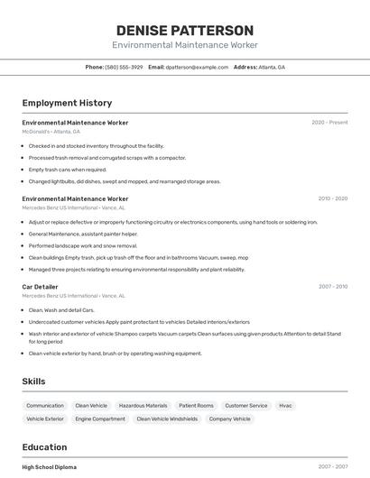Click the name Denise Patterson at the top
click(x=184, y=30)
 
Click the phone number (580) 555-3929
click(x=124, y=67)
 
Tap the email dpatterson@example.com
click(x=197, y=67)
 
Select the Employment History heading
click(x=67, y=103)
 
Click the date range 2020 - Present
click(x=329, y=123)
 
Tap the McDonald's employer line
click(x=51, y=132)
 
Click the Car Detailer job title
click(x=42, y=287)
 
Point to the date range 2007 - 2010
click(x=332, y=287)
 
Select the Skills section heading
click(x=34, y=381)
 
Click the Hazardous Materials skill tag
click(x=143, y=406)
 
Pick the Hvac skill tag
click(x=285, y=406)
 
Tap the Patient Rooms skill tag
click(x=196, y=406)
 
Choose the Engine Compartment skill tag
click(x=100, y=419)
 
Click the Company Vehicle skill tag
click(x=229, y=419)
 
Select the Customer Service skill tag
click(x=246, y=406)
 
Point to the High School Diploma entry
click(x=50, y=467)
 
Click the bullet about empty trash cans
click(x=68, y=170)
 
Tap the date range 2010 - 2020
click(x=332, y=198)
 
